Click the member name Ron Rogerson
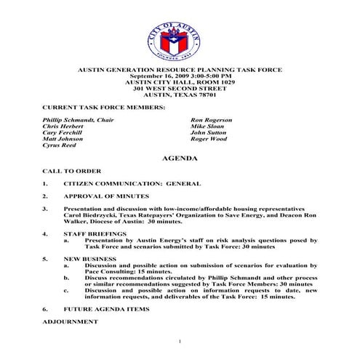pos(212,119)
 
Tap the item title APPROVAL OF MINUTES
pos(106,196)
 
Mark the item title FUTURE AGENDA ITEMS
pos(107,309)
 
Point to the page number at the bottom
pos(179,341)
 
